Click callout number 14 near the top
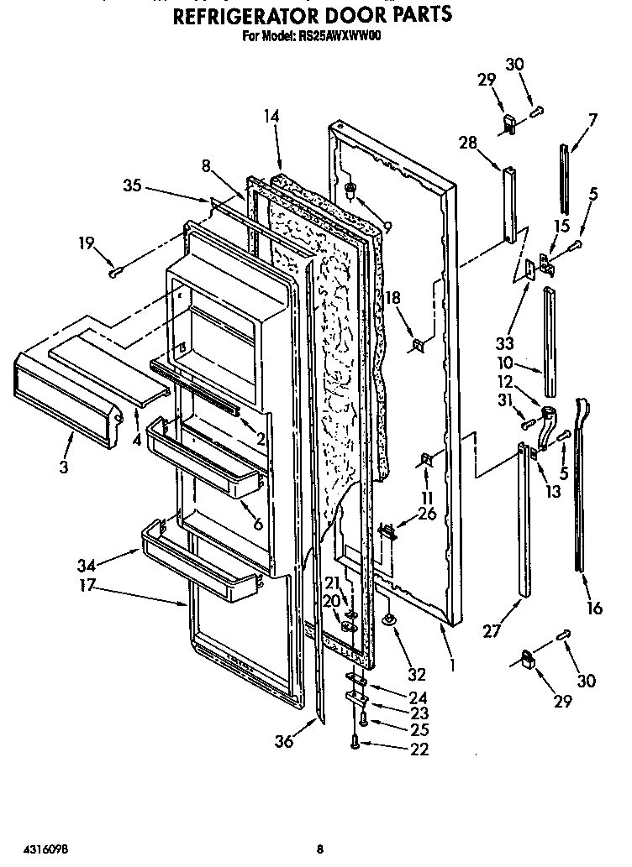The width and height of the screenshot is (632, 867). tap(271, 118)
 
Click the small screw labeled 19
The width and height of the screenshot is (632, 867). tap(115, 271)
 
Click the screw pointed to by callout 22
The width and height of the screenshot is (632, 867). tap(356, 742)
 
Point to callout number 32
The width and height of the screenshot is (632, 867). tap(418, 673)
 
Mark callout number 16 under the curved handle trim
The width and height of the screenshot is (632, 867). tap(594, 608)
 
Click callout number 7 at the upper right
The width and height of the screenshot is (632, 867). tap(592, 119)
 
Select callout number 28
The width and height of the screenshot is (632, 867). tap(468, 143)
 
